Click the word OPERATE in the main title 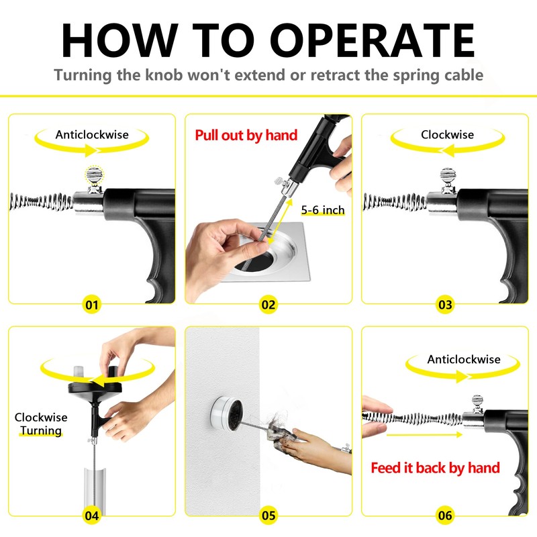pyautogui.click(x=373, y=40)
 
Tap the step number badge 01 pyautogui.click(x=92, y=305)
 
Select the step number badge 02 pyautogui.click(x=268, y=305)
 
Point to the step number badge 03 pyautogui.click(x=445, y=305)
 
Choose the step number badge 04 pyautogui.click(x=92, y=516)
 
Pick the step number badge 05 pyautogui.click(x=268, y=516)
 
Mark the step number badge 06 pyautogui.click(x=445, y=516)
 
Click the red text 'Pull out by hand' pyautogui.click(x=246, y=136)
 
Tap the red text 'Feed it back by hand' pyautogui.click(x=435, y=468)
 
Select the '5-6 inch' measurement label pyautogui.click(x=323, y=210)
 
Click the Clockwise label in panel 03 pyautogui.click(x=447, y=135)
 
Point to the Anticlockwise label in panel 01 pyautogui.click(x=92, y=135)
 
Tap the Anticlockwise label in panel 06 pyautogui.click(x=464, y=359)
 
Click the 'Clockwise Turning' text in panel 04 pyautogui.click(x=41, y=424)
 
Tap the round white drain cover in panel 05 pyautogui.click(x=226, y=413)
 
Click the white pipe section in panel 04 pyautogui.click(x=95, y=491)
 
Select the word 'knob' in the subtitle pyautogui.click(x=164, y=75)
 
